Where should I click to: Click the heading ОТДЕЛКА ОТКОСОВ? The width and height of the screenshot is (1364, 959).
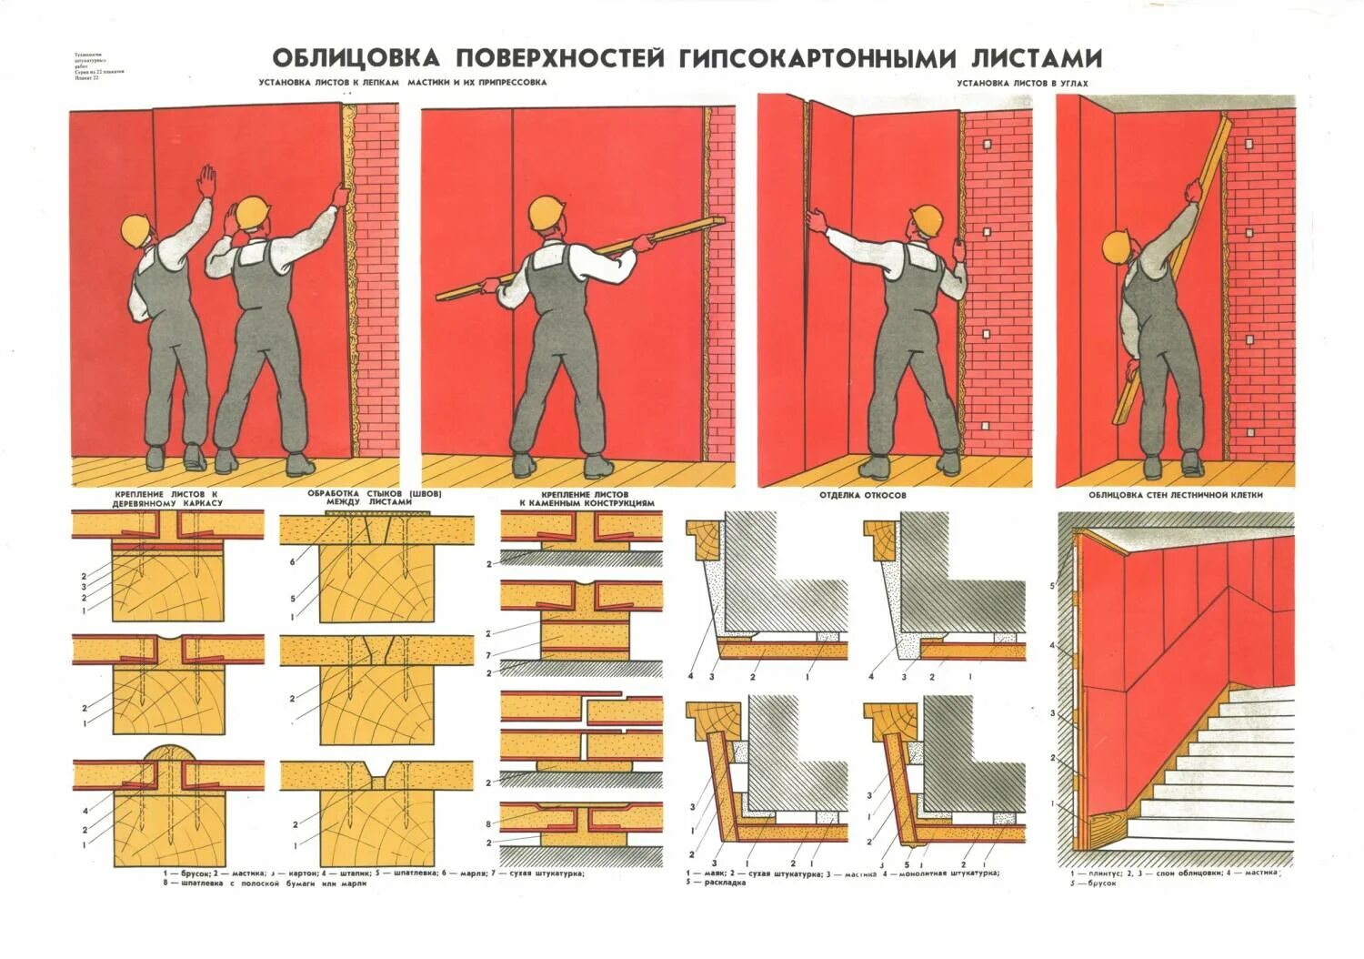click(862, 496)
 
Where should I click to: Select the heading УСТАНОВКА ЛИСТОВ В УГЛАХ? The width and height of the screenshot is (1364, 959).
click(1022, 83)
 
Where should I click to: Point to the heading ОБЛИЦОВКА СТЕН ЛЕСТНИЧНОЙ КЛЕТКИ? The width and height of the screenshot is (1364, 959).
click(1176, 496)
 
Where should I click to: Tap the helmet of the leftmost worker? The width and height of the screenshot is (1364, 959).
click(137, 227)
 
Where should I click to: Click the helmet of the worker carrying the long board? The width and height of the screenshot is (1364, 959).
click(547, 213)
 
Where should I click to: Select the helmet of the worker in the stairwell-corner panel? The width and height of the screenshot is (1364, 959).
click(1117, 247)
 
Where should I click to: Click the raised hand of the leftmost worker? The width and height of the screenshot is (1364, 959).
click(208, 179)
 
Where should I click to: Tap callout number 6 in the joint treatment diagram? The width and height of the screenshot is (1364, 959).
click(293, 563)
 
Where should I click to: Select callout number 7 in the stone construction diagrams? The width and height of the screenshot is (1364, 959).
click(488, 655)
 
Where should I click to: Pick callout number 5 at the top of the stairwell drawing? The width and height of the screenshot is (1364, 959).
click(1053, 586)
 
